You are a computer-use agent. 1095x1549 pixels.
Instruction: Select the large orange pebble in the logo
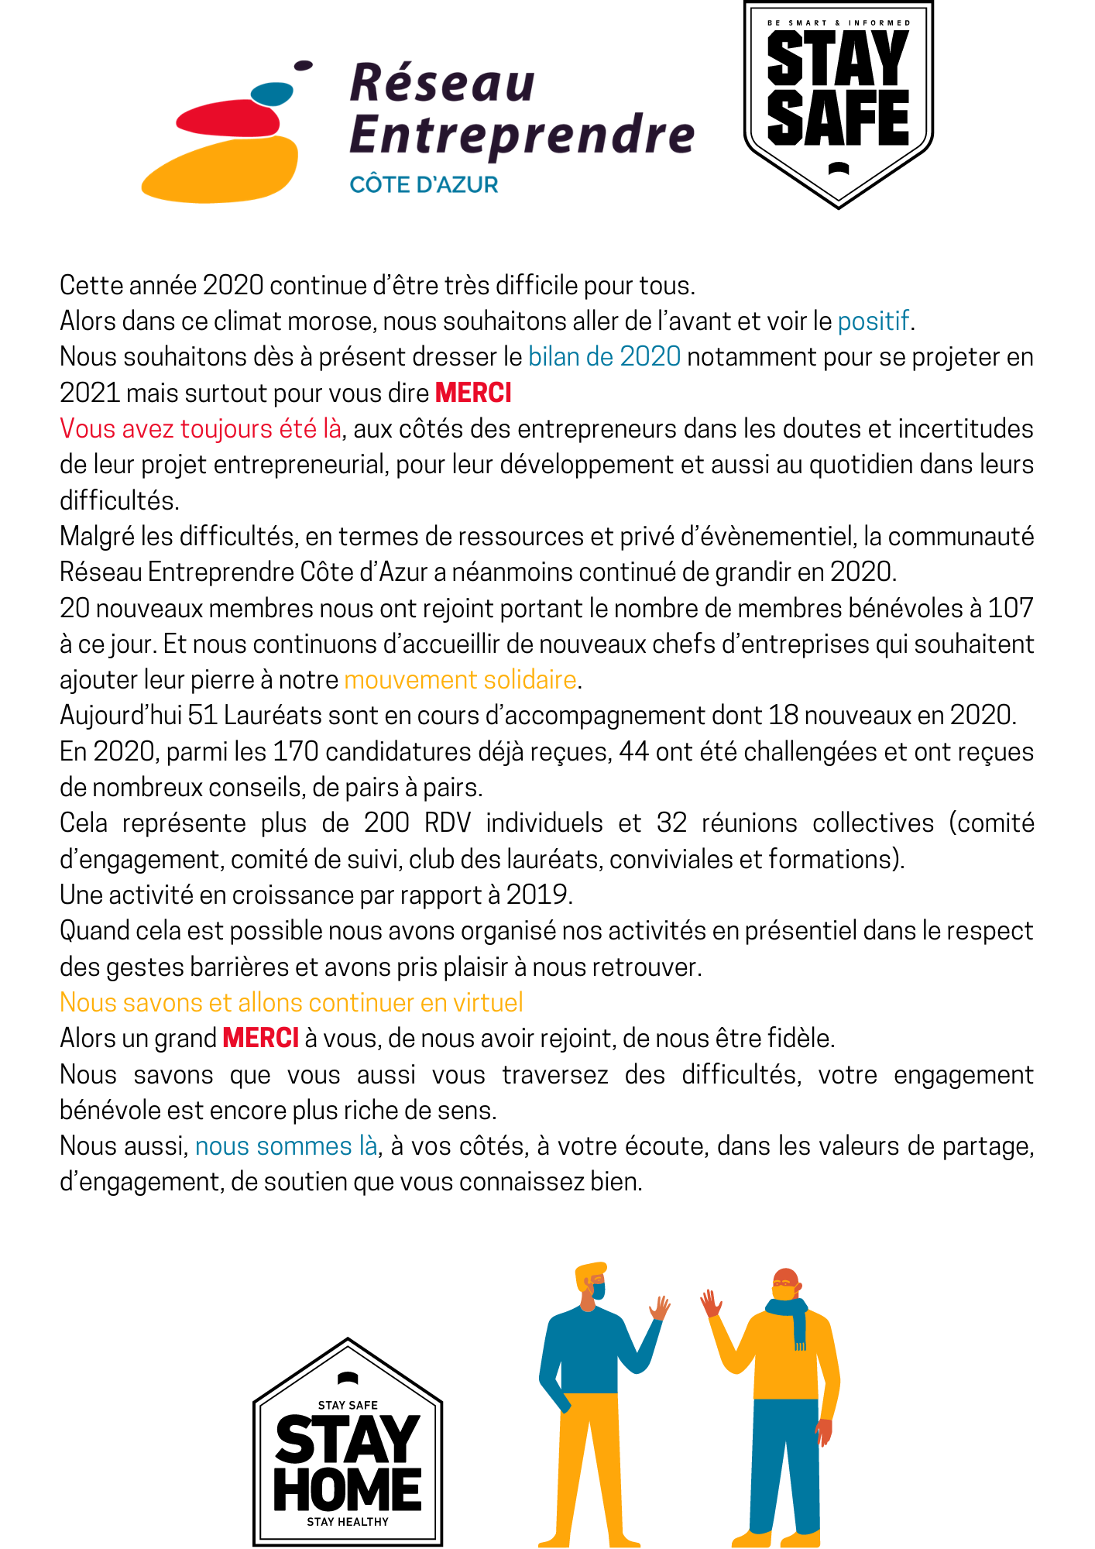click(221, 170)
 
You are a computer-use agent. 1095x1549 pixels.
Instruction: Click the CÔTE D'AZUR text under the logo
click(424, 185)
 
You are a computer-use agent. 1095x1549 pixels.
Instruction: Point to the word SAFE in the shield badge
click(838, 118)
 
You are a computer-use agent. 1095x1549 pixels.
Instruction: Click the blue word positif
click(873, 321)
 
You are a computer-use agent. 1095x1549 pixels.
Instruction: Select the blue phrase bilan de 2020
click(604, 357)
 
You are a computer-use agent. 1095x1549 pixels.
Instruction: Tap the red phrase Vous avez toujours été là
click(201, 429)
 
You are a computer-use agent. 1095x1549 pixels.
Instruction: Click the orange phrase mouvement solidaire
click(460, 680)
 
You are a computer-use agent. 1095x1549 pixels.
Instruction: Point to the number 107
click(1010, 608)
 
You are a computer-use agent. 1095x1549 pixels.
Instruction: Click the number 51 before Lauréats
click(202, 716)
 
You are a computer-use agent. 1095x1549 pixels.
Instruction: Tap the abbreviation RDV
click(448, 823)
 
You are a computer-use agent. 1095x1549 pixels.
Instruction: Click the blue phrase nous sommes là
click(286, 1146)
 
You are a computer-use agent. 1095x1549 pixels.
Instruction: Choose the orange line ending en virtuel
click(291, 1003)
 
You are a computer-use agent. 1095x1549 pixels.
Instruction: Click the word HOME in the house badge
click(348, 1489)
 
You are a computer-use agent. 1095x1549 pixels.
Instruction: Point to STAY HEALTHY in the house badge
click(348, 1522)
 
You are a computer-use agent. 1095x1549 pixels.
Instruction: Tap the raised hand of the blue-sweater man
click(660, 1307)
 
